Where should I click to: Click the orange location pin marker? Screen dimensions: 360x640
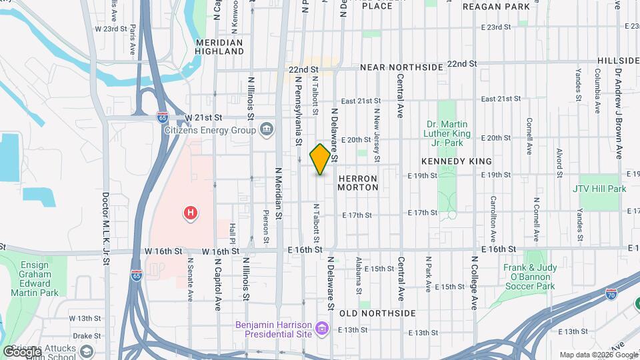coord(320,159)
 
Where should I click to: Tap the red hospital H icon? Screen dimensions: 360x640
coord(190,213)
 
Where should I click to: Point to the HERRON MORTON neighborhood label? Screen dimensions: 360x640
coord(358,183)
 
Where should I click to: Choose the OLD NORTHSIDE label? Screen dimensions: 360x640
coord(377,313)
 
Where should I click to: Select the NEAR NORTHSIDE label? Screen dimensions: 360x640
coord(401,67)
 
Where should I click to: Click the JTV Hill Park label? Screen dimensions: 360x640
coord(599,189)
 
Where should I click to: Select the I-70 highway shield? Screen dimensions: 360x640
coord(611,293)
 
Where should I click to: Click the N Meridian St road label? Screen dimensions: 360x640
coord(279,197)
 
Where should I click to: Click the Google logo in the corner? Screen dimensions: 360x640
coord(23,351)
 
